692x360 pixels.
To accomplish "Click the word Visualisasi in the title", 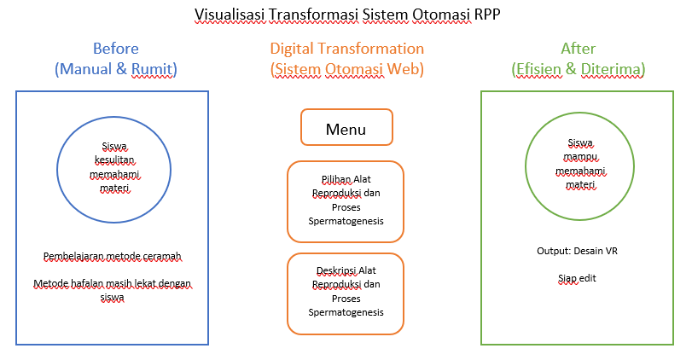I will click(229, 15).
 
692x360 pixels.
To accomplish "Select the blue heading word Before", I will click(115, 49).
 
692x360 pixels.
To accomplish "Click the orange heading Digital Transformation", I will click(346, 49).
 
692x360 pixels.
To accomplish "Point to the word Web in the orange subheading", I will click(407, 69).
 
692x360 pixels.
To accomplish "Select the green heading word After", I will click(579, 49).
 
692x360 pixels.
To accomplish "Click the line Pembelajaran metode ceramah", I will click(113, 255).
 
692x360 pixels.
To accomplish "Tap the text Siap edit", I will click(579, 277).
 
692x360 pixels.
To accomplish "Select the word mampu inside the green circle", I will click(579, 157).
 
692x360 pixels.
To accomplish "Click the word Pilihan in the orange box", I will click(313, 178).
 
